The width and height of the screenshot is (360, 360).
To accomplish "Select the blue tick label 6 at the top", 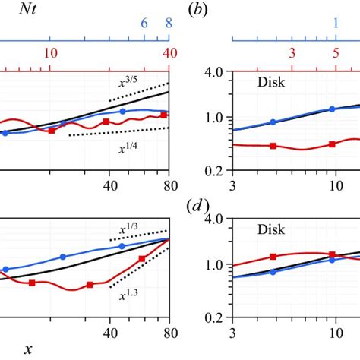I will tap(144, 24).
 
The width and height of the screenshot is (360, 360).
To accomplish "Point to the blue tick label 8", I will tap(169, 24).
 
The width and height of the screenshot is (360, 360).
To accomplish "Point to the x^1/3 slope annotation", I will tap(127, 226).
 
